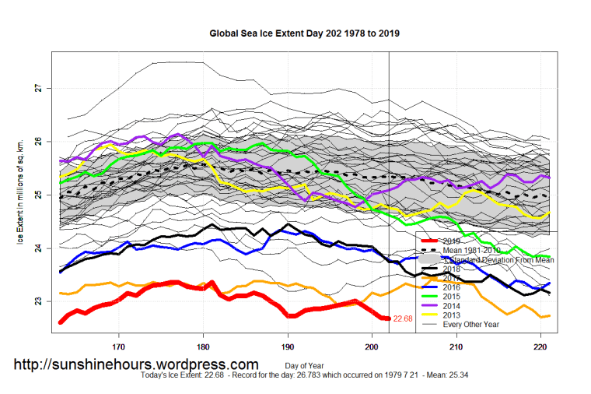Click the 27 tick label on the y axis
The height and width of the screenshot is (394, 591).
click(41, 89)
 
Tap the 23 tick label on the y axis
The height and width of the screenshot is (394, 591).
click(41, 301)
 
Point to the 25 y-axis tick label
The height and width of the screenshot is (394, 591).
click(41, 195)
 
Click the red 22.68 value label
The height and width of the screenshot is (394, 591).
click(403, 318)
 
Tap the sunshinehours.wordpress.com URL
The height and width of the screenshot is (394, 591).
click(137, 364)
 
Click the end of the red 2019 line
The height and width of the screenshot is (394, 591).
click(387, 318)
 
